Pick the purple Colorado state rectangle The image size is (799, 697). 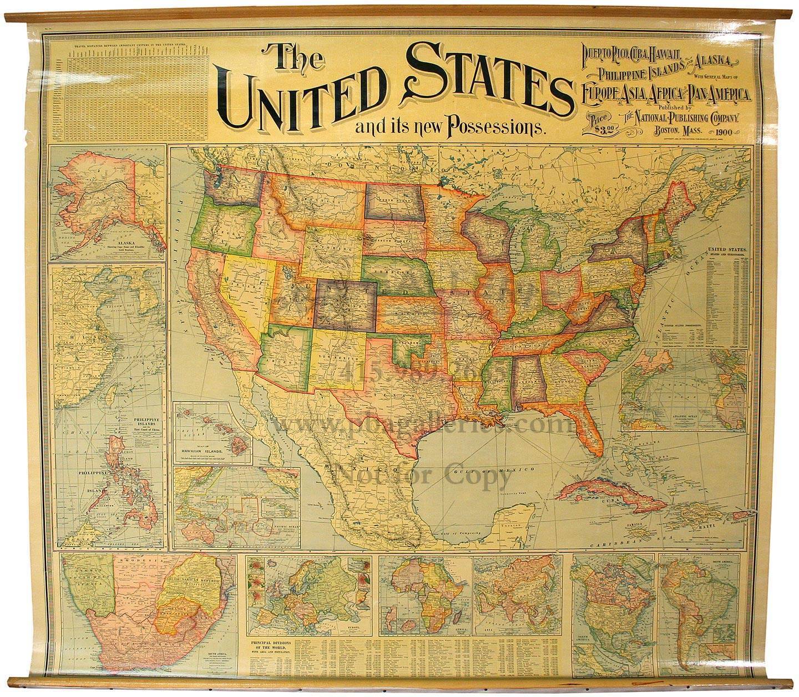[345, 302]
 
